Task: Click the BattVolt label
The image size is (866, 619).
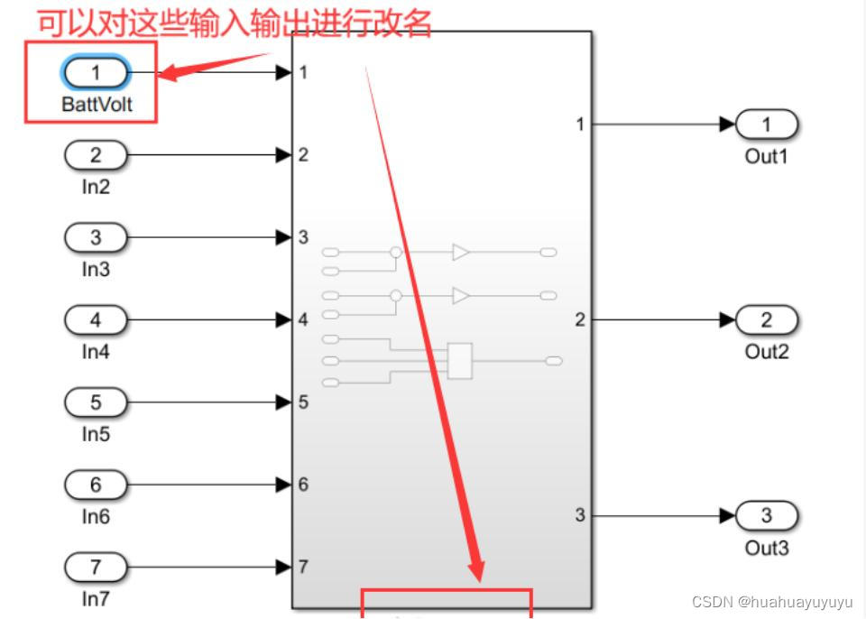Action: coord(97,105)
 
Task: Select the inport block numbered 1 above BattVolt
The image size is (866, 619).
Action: coord(97,71)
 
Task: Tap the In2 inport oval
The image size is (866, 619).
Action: coord(96,155)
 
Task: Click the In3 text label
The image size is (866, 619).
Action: coord(96,269)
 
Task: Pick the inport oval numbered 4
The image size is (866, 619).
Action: coord(96,319)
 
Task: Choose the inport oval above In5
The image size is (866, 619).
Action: coord(96,402)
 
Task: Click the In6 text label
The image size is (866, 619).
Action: coord(96,516)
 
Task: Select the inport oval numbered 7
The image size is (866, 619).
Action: coord(96,568)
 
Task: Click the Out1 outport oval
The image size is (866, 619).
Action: coord(767,124)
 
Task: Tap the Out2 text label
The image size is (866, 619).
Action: coord(767,352)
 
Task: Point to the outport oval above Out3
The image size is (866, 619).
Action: coord(767,515)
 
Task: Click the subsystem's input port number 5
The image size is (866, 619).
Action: coord(303,402)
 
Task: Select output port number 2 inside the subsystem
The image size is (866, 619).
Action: coord(580,319)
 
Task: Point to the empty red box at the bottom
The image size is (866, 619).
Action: coord(447,603)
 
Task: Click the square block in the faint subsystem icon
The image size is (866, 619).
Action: coord(460,361)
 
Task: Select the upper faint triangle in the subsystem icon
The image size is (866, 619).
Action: coord(461,253)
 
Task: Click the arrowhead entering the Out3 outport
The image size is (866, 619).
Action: coord(728,515)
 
